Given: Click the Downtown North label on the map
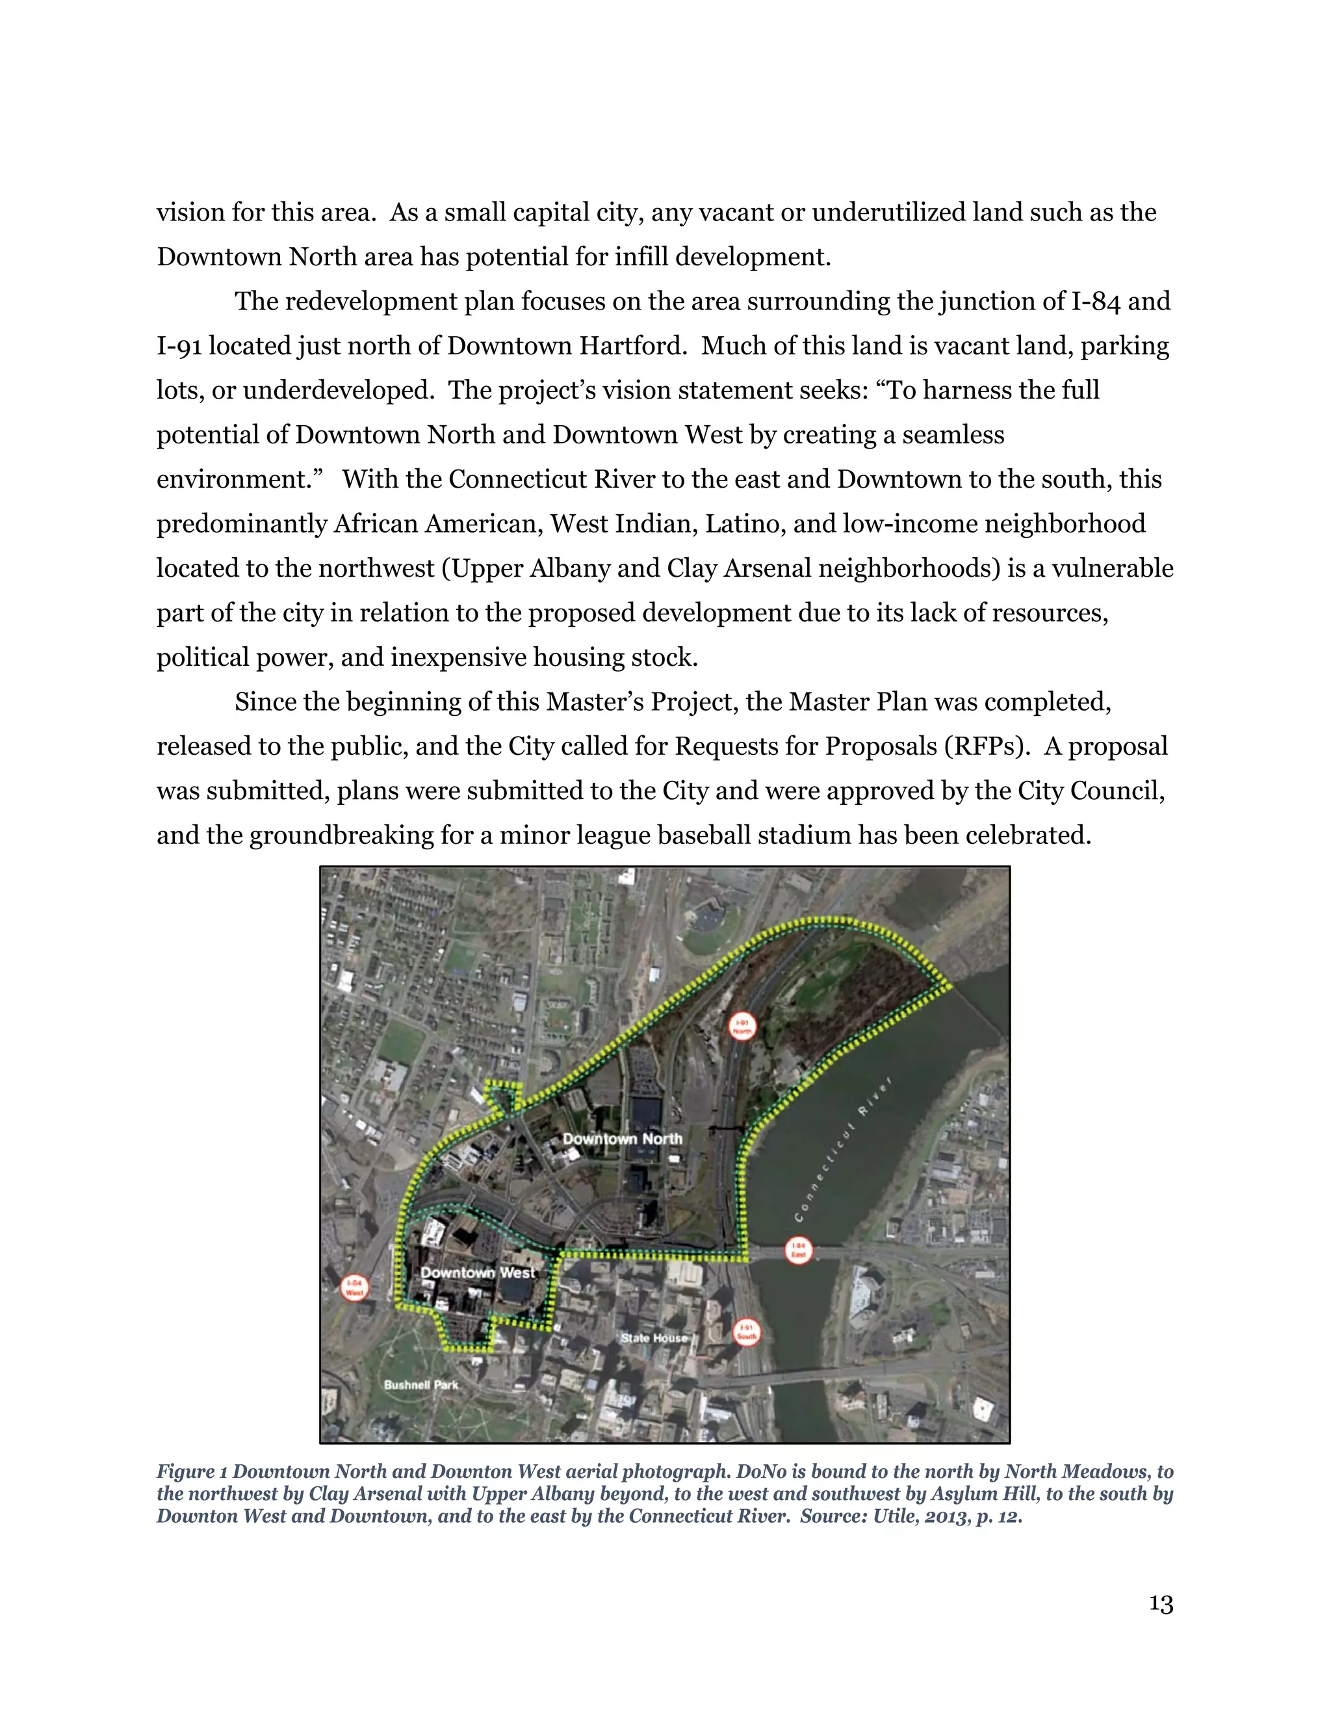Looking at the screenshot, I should (x=622, y=1138).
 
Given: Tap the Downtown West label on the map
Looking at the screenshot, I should (x=478, y=1272).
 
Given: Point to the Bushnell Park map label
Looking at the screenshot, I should (x=420, y=1384).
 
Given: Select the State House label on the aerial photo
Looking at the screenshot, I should (x=654, y=1338).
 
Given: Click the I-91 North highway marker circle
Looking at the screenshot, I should (x=741, y=1027).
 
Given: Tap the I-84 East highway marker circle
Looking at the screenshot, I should (x=798, y=1251).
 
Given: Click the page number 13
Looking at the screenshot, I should (x=1161, y=1604).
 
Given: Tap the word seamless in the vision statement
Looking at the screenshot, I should (x=953, y=435).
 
